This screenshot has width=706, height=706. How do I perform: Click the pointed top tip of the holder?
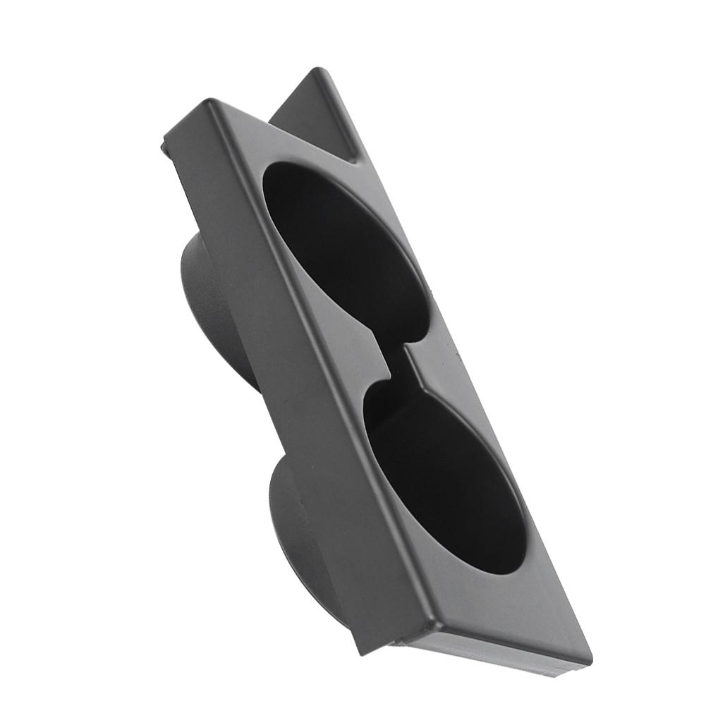coord(318,71)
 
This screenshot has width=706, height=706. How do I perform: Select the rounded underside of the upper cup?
coord(212,310)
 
